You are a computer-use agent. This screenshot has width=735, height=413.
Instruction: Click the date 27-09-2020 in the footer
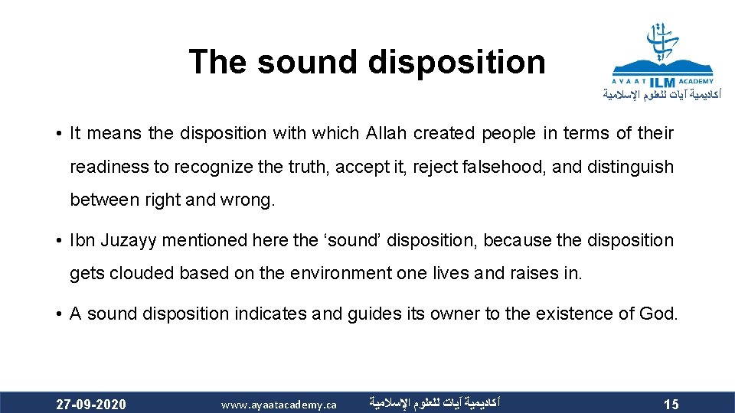coord(91,404)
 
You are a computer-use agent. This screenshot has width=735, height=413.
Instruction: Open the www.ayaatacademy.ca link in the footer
coord(279,404)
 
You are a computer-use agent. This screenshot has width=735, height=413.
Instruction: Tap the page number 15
coord(671,404)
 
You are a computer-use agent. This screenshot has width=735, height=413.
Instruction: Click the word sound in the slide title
coord(307,62)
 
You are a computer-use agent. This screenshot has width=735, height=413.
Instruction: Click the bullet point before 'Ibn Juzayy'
coord(59,240)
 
